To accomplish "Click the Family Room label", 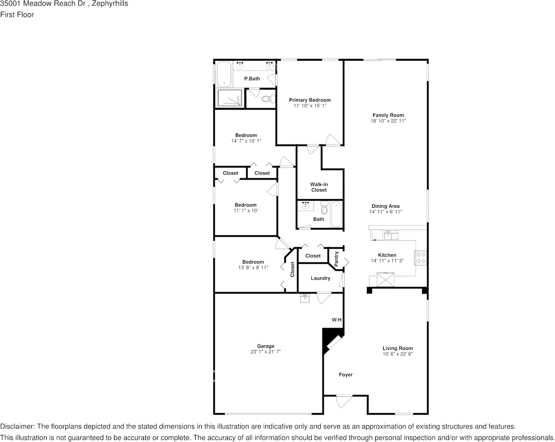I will click(388, 115).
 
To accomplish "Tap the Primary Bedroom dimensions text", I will click(309, 106).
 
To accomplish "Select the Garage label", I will click(265, 346).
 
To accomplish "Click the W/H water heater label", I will click(337, 320).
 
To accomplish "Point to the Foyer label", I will click(346, 375).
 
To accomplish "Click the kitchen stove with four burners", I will click(420, 258).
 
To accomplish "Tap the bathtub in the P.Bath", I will click(224, 74).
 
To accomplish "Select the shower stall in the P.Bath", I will click(230, 98).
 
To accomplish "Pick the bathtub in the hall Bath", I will click(336, 214).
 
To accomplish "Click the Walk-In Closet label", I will click(319, 187).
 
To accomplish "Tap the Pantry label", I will click(336, 259).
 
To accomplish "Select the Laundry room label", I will click(320, 278).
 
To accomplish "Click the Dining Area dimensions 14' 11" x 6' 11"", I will click(385, 212).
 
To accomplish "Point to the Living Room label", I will click(398, 348).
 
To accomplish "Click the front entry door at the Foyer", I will click(344, 400).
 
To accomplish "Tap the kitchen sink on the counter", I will click(388, 235).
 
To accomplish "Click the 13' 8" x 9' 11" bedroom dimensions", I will click(253, 268).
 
